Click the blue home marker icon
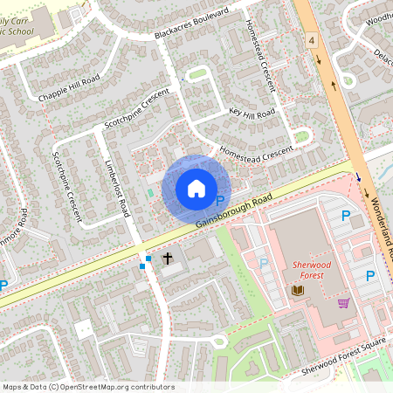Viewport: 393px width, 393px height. (196, 188)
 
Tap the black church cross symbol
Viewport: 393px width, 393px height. (167, 259)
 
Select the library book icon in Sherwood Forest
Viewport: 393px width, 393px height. (297, 290)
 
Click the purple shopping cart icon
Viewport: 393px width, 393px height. (343, 303)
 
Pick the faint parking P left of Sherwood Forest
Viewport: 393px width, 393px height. (264, 262)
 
